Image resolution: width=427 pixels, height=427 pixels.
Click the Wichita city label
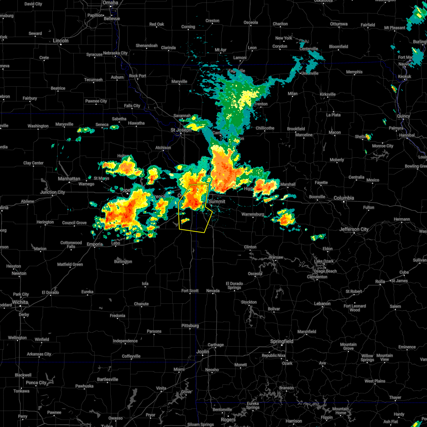20,302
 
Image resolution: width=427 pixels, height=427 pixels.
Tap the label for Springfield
282,341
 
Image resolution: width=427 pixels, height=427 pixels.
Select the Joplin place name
203,352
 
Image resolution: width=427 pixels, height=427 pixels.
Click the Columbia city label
344,198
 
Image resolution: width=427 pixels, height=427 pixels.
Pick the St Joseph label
181,130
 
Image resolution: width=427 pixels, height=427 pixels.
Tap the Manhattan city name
69,179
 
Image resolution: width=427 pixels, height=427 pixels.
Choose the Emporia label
95,244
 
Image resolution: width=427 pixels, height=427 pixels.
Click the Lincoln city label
60,41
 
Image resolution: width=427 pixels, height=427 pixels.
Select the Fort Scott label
190,291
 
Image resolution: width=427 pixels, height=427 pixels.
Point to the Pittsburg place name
190,326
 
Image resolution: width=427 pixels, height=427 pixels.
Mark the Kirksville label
327,94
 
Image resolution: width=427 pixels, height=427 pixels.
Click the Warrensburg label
253,214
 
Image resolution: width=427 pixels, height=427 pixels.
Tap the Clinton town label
250,247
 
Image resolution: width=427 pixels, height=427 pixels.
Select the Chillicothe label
265,128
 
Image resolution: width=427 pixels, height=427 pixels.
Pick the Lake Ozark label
323,261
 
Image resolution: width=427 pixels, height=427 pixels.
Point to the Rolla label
380,281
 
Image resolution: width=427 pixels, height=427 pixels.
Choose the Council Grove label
74,223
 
